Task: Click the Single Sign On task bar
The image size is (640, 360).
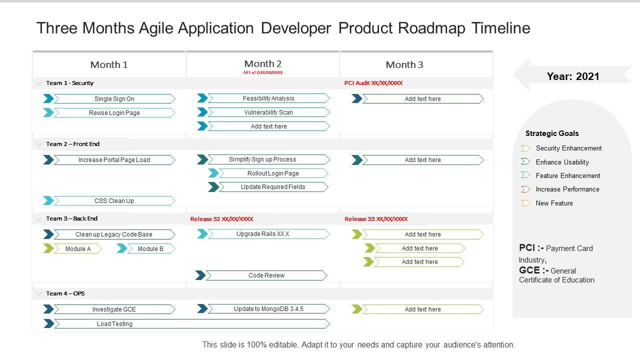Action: pyautogui.click(x=114, y=99)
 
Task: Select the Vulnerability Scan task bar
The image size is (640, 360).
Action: pyautogui.click(x=268, y=112)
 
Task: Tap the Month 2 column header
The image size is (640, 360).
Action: pyautogui.click(x=263, y=64)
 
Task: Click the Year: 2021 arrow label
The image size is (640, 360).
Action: pyautogui.click(x=572, y=76)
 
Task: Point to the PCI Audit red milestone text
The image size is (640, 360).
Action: pyautogui.click(x=373, y=83)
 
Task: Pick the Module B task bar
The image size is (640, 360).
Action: pyautogui.click(x=150, y=248)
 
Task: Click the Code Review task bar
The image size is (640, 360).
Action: pyautogui.click(x=266, y=275)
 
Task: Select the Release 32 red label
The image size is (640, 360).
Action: pyautogui.click(x=221, y=219)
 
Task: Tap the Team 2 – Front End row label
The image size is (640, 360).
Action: pyautogui.click(x=73, y=144)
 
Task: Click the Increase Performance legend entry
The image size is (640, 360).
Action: pyautogui.click(x=567, y=189)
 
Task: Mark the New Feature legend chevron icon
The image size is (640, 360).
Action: pyautogui.click(x=525, y=203)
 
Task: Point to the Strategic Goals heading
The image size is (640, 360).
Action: pyautogui.click(x=552, y=133)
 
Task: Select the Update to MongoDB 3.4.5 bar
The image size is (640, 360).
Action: pyautogui.click(x=268, y=309)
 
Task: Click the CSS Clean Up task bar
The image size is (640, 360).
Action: pyautogui.click(x=114, y=201)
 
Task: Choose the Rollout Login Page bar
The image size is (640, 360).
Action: pyautogui.click(x=273, y=173)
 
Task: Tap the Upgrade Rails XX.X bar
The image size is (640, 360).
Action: pyautogui.click(x=268, y=234)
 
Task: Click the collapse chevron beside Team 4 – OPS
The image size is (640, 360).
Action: pyautogui.click(x=39, y=293)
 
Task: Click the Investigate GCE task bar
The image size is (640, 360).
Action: pyautogui.click(x=114, y=309)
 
